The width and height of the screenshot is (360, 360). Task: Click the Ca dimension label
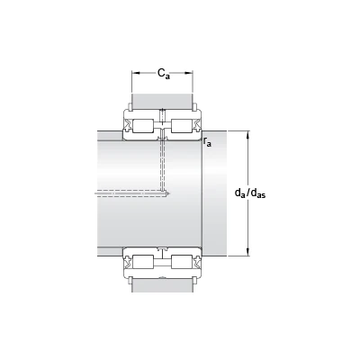coord(164,74)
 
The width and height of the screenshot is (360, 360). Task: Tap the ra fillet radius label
coord(207,142)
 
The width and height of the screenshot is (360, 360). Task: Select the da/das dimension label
coord(250,193)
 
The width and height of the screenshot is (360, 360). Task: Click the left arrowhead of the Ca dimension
coord(136,73)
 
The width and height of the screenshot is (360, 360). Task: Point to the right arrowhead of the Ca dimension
coord(189,73)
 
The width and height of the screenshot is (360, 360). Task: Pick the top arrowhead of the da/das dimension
coord(247,135)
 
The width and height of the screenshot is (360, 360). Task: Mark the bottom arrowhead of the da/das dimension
coord(247,252)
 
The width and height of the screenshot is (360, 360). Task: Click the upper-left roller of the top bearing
coord(143,126)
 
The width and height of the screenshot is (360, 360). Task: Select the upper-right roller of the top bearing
coord(182,126)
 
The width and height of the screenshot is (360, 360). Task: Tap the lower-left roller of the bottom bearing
coord(143,261)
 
